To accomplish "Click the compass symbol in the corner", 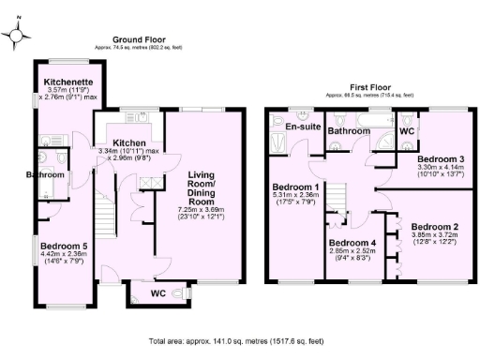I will [18, 36].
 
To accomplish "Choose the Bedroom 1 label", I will [296, 187].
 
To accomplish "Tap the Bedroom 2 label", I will [434, 228].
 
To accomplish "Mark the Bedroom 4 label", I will [352, 243].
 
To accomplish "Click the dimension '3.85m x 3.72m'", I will [434, 238].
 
